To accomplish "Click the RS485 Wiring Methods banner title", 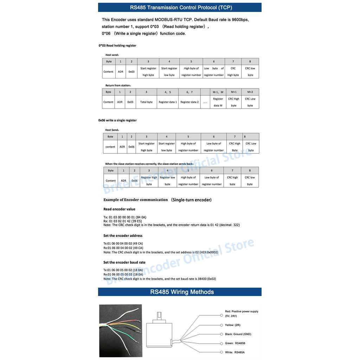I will click(182, 292).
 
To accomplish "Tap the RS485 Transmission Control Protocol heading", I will click(181, 7).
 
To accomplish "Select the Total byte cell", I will click(146, 102).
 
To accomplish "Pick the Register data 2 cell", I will click(189, 102).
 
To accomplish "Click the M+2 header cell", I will click(250, 92).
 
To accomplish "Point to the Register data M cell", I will click(218, 102).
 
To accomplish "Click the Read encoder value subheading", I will click(119, 209).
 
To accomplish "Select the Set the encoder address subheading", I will click(123, 236).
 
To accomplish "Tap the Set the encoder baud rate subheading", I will click(124, 262).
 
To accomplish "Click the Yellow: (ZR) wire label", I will click(232, 325).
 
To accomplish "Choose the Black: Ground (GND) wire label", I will click(238, 334).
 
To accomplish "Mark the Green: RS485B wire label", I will click(234, 343).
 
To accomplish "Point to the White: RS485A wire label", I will click(234, 352).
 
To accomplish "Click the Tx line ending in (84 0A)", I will click(124, 217).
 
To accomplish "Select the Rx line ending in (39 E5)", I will click(122, 221).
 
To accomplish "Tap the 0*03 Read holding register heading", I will click(117, 46).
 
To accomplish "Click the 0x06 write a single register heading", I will click(117, 120).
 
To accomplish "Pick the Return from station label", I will click(118, 85).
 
